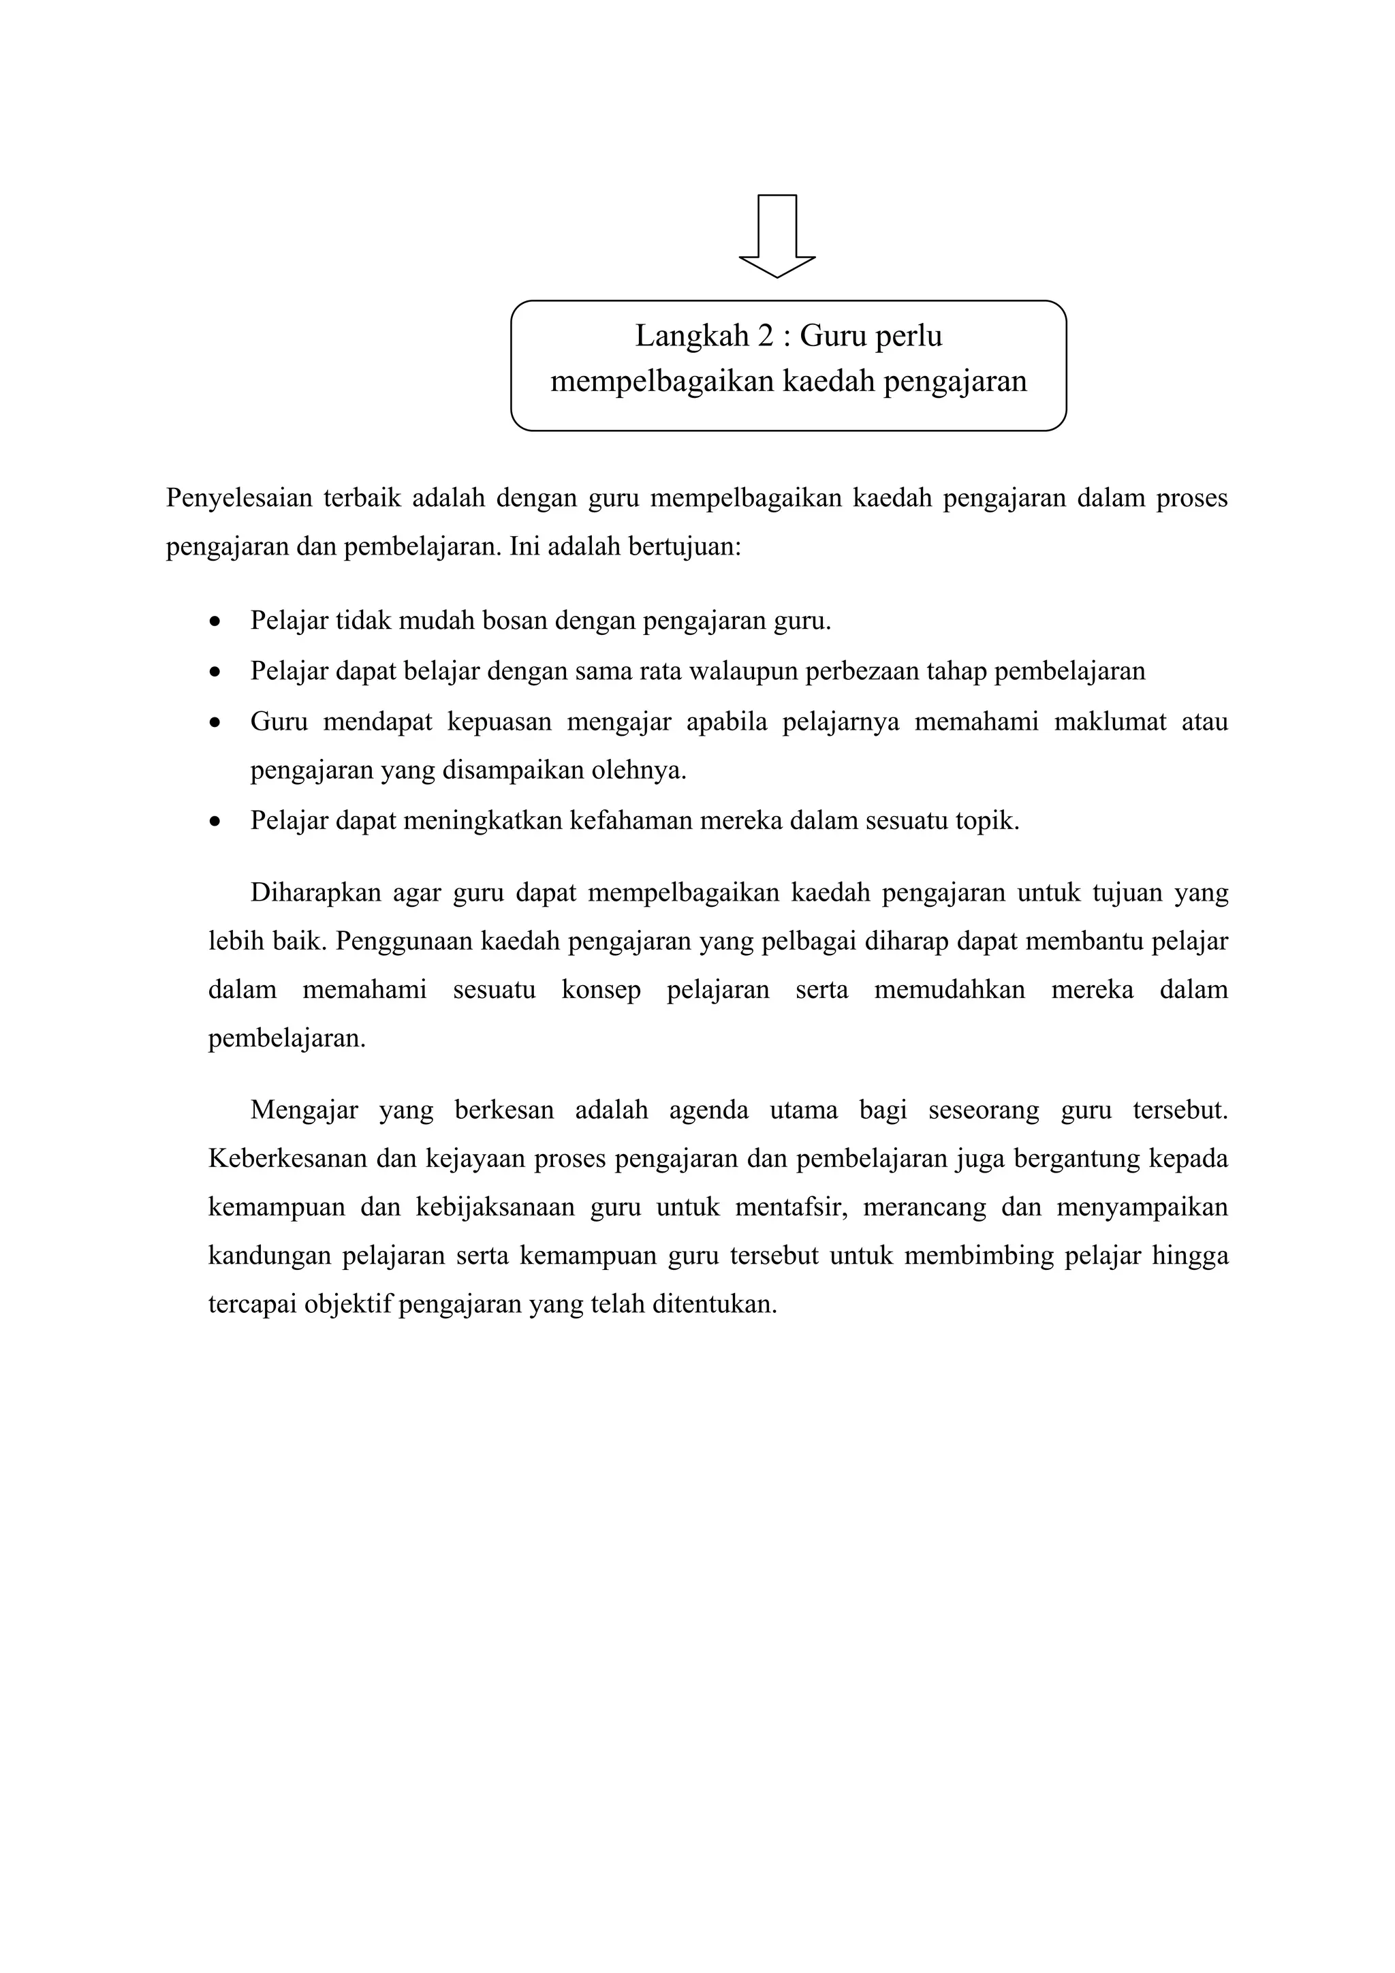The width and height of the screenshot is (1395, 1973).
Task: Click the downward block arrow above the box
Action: pos(777,236)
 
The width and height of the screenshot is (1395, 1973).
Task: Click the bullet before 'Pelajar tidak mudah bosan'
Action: pos(216,621)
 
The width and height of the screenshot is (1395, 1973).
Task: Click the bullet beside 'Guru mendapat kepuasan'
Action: pos(216,722)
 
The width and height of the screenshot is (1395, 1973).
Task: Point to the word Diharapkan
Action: pos(315,893)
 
